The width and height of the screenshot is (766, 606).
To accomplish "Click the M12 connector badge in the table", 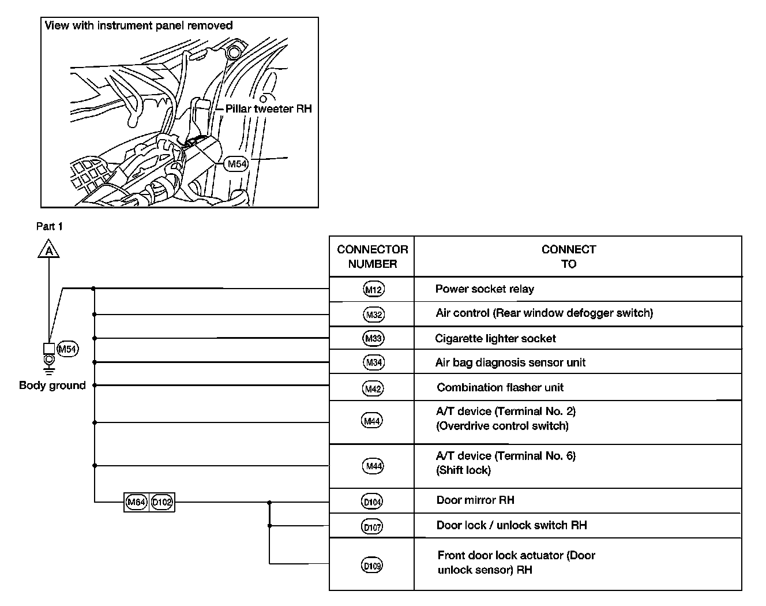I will (374, 289).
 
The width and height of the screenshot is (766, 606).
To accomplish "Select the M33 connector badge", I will (374, 338).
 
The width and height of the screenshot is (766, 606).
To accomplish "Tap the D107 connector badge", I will (373, 526).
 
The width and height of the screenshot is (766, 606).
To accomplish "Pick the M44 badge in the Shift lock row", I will (373, 466).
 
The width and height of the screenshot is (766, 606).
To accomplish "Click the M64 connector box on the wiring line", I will (137, 502).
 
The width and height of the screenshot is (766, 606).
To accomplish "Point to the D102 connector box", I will (162, 502).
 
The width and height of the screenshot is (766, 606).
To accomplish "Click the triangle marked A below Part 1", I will (50, 250).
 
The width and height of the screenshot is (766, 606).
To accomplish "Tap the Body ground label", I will (52, 386).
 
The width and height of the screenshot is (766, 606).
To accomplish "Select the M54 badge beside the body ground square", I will (68, 349).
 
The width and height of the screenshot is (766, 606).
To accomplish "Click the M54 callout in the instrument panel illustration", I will (236, 164).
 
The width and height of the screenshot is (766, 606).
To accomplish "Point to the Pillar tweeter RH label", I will (268, 109).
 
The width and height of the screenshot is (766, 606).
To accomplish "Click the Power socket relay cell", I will (485, 289).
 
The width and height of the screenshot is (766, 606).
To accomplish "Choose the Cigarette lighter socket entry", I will (495, 339).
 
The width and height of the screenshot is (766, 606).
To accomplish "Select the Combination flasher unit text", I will (500, 388).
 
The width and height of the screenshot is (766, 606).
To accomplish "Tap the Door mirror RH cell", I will (475, 500).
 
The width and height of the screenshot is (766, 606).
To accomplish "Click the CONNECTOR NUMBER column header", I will (372, 257).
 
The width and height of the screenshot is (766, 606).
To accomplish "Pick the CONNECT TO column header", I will (569, 257).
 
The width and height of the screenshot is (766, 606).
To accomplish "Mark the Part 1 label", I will (50, 227).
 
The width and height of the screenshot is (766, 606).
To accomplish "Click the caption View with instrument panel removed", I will (138, 26).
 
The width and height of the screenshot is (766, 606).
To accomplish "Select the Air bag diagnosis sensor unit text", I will (510, 363).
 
